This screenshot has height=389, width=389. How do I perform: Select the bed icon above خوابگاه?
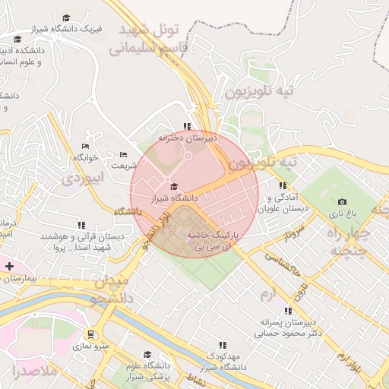click(85, 145)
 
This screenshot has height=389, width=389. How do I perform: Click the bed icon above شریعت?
click(123, 154)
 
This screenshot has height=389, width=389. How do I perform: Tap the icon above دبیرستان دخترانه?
click(187, 127)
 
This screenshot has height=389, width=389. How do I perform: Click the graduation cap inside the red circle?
click(174, 186)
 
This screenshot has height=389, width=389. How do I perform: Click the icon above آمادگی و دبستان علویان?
click(283, 185)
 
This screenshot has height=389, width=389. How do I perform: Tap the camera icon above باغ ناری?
click(342, 202)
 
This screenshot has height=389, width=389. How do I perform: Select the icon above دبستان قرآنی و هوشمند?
click(81, 225)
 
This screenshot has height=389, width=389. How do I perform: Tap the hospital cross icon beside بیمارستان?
click(9, 267)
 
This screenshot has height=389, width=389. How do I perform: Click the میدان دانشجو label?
click(115, 289)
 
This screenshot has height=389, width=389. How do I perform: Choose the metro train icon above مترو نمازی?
click(91, 334)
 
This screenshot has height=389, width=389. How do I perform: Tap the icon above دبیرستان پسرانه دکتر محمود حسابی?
click(287, 310)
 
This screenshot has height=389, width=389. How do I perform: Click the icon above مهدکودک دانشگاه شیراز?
click(222, 345)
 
